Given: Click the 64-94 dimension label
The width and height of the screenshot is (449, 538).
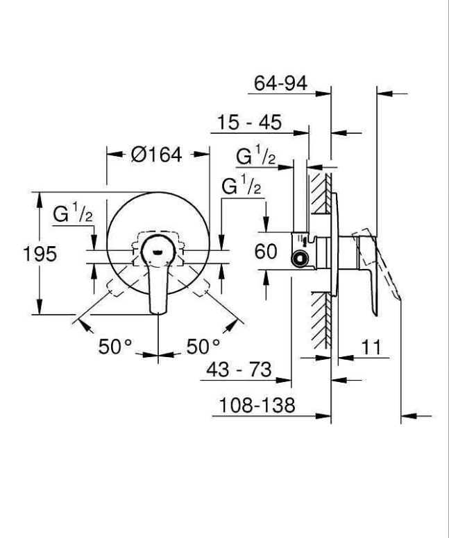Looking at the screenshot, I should [280, 84].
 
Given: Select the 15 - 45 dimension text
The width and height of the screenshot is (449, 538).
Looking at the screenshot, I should [248, 123].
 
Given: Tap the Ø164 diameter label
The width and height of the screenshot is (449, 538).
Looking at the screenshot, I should [156, 155].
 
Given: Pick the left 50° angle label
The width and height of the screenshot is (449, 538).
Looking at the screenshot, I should [115, 346].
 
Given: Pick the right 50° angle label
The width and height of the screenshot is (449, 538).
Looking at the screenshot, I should [203, 346].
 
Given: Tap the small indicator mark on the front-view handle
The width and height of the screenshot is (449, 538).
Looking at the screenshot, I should [159, 252].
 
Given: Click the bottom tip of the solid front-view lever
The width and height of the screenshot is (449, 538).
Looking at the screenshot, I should [159, 313].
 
